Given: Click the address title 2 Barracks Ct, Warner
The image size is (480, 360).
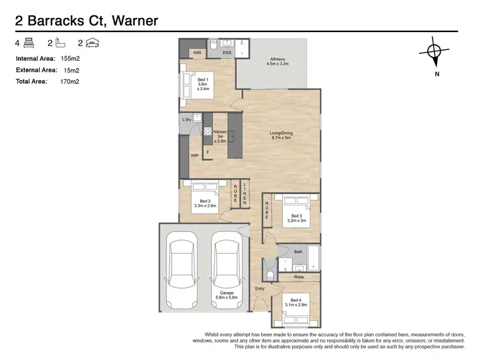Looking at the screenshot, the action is tap(86, 21).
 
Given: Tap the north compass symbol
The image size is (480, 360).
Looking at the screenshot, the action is tap(434, 51).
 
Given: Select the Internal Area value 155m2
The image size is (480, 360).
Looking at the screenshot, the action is tap(70, 58).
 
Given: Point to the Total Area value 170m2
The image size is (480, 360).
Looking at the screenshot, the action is tap(70, 81).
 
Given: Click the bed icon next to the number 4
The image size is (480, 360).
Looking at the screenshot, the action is tap(29, 43).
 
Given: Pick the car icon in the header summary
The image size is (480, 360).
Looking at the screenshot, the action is tap(92, 43).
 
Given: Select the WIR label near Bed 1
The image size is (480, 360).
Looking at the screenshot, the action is tap(197, 53).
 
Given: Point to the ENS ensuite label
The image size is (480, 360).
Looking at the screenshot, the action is tap(227, 53).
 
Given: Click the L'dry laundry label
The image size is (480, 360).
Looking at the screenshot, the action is tap(187, 120).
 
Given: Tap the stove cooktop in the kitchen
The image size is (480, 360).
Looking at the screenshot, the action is tap(208, 131).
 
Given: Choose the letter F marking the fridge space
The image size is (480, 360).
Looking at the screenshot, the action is tap(208, 152).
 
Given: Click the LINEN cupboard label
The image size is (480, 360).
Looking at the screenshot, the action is tap(244, 193).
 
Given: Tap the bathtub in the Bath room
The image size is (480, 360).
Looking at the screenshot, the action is tap(313, 258).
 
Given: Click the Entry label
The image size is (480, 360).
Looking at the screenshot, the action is tap(260, 289).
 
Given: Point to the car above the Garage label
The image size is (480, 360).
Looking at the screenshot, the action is tap(227, 270).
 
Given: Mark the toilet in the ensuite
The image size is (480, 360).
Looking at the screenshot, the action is tap(214, 44).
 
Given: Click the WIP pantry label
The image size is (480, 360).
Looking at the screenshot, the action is tap(195, 156).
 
